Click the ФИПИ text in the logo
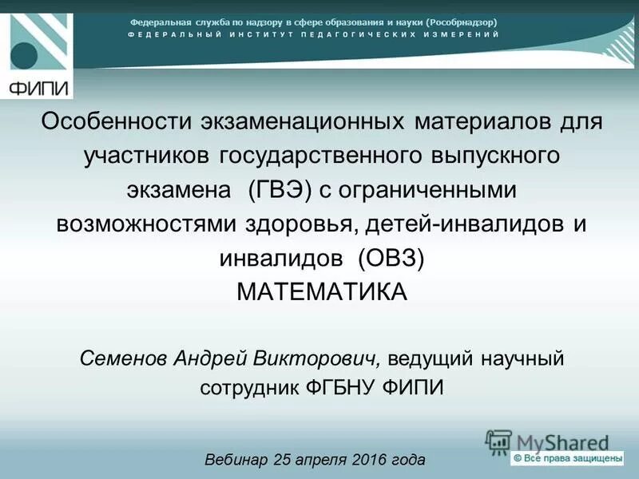[38, 88]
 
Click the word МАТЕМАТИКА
[322, 292]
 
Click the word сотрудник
[248, 389]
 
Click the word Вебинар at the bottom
[236, 460]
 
